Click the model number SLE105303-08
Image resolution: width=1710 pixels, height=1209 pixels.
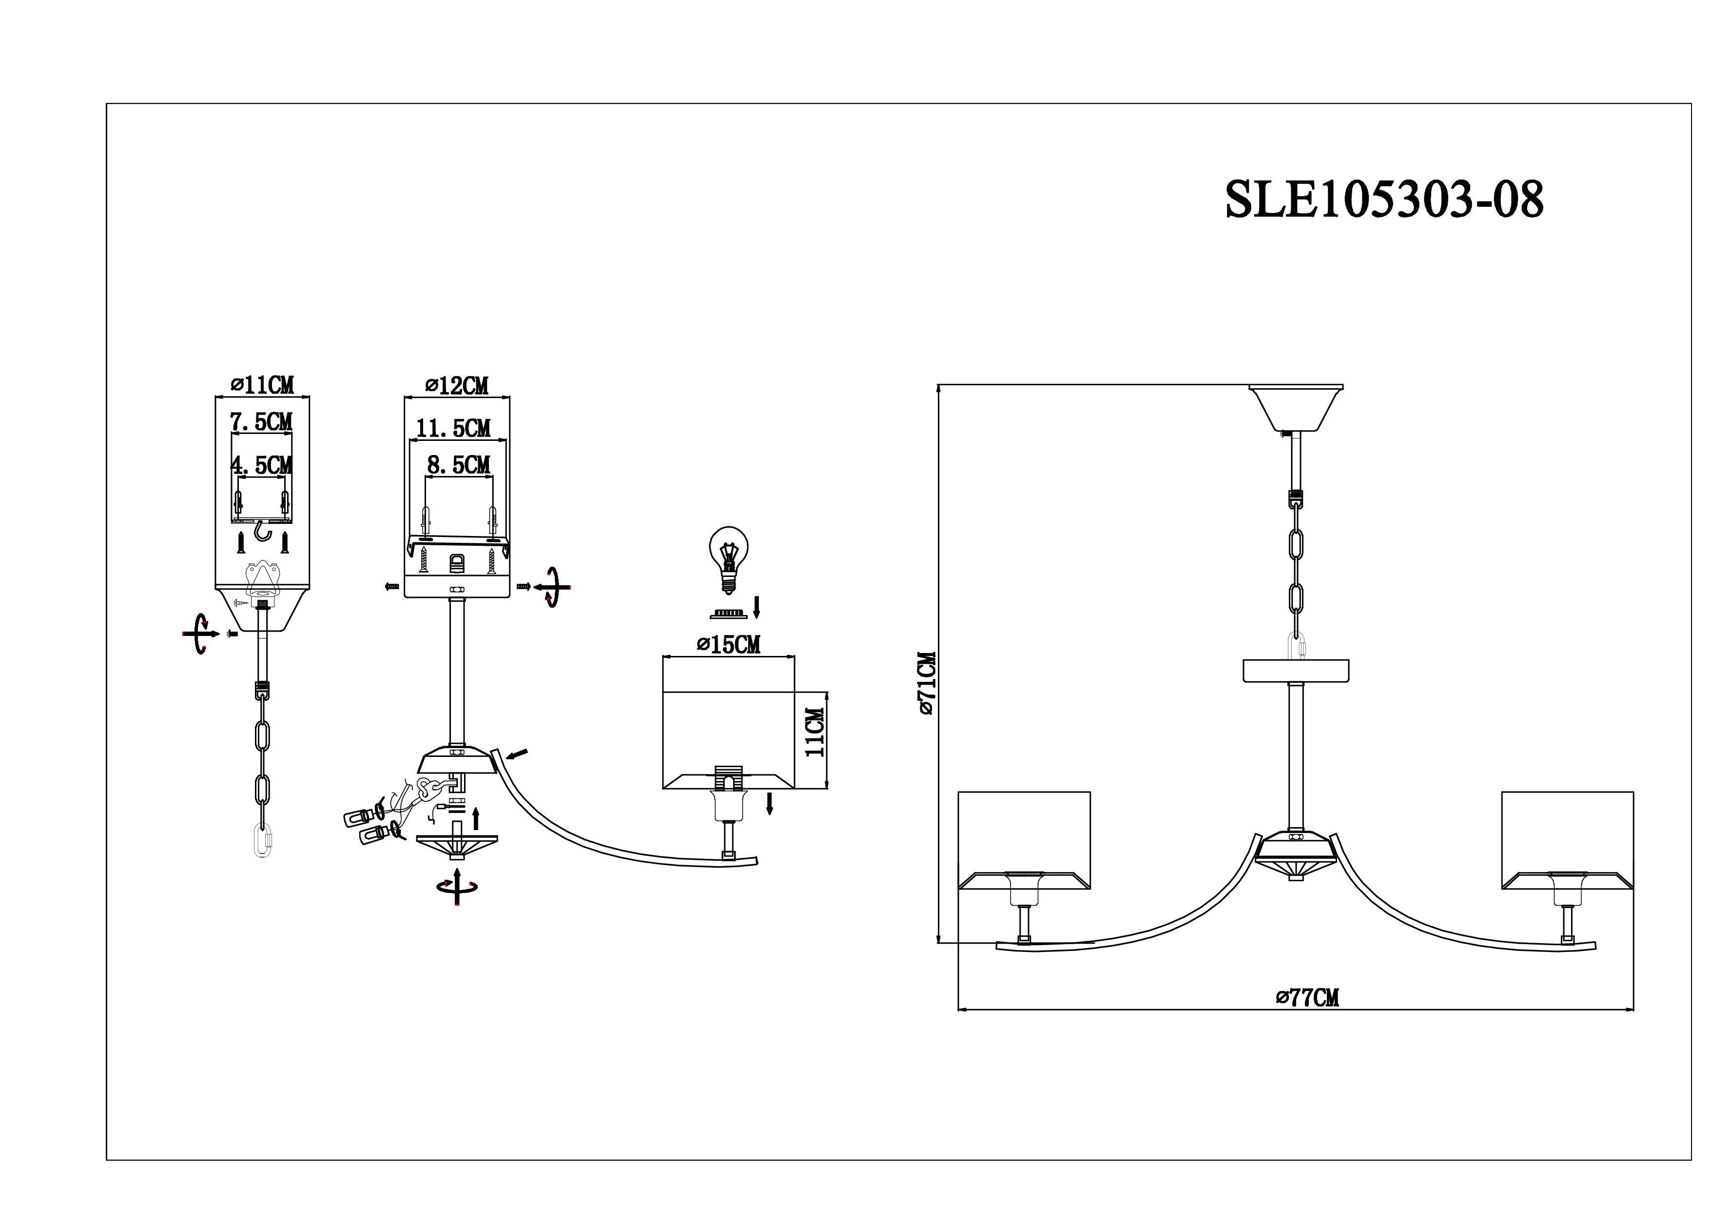(1384, 199)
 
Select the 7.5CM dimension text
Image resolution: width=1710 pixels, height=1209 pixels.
(261, 422)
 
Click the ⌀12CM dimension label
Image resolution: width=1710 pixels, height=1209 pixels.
(457, 385)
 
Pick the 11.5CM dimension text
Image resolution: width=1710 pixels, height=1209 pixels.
(453, 428)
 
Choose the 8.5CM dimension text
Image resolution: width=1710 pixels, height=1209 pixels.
(459, 465)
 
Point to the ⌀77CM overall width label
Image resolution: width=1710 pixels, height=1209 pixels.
(1306, 997)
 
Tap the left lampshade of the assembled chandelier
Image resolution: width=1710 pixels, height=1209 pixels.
(1024, 841)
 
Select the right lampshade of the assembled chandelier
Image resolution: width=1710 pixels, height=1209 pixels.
(1567, 841)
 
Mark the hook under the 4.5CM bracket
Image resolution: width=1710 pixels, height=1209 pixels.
(261, 531)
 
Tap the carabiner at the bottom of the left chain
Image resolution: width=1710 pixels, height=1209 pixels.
(261, 841)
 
